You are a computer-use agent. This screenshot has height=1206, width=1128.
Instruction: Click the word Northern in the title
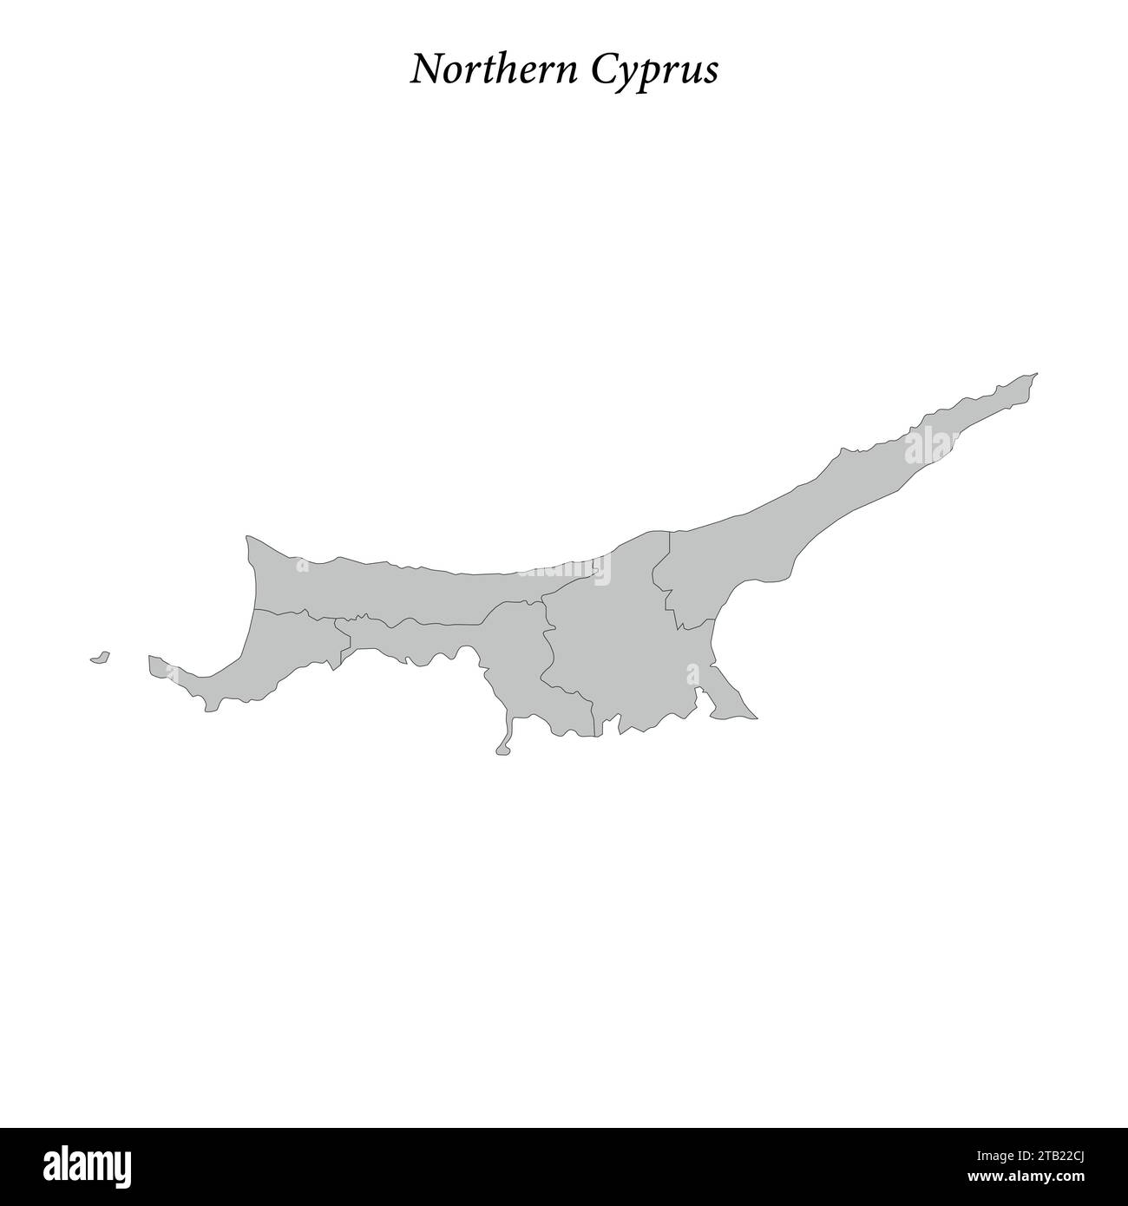coord(495,70)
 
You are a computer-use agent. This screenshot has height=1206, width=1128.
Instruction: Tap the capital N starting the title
coord(424,70)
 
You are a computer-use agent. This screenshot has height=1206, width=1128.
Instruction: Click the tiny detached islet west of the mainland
coord(100,658)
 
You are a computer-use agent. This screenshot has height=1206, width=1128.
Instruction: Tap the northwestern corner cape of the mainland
coord(249,541)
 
